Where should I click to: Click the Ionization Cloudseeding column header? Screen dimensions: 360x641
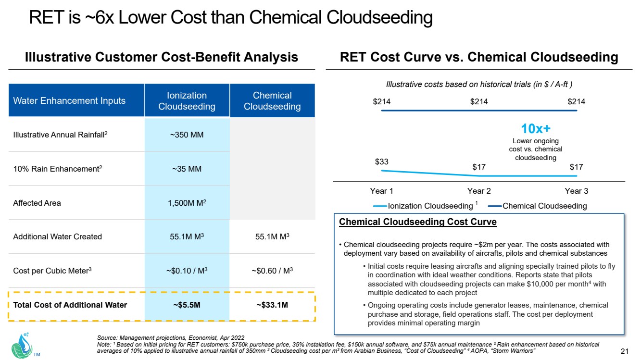pos(187,101)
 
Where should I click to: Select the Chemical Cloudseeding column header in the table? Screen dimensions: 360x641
pos(272,101)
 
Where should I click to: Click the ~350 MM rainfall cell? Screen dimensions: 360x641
pos(187,135)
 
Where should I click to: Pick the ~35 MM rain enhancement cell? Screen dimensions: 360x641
pos(187,169)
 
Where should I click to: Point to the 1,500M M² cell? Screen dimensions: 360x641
pos(187,203)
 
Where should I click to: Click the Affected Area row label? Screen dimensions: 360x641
pos(37,203)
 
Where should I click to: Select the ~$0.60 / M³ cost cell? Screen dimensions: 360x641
pos(272,271)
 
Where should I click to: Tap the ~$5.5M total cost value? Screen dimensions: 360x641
pos(187,305)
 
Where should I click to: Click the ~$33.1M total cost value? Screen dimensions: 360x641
pos(272,305)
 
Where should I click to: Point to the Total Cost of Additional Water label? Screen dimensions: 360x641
pos(70,305)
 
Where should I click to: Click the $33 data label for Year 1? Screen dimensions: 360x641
pos(382,161)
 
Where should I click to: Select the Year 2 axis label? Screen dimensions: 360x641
pos(479,191)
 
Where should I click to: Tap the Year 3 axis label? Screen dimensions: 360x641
pos(576,191)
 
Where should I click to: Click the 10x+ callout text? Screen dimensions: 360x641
pos(535,129)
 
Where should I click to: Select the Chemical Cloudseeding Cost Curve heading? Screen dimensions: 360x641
pos(418,222)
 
